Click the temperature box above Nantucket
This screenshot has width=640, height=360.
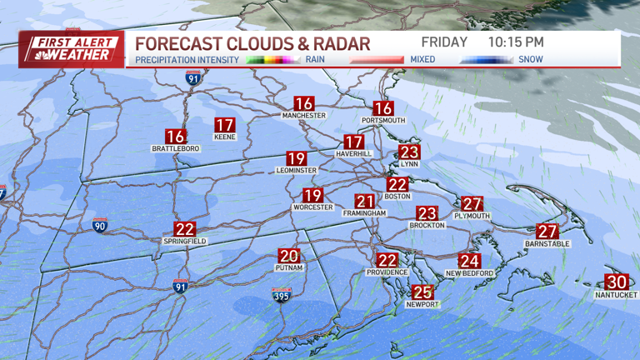point(617,282)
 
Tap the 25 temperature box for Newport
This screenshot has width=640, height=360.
point(422,292)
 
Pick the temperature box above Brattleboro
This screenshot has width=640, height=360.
point(175,137)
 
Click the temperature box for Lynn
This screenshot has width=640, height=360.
point(409,152)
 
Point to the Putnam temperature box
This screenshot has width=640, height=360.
point(288,257)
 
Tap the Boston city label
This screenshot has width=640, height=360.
point(397,197)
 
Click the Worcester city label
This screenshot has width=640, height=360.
point(312,207)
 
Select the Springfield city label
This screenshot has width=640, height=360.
point(184,241)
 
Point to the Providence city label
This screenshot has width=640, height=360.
point(387,272)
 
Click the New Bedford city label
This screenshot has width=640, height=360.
point(470,273)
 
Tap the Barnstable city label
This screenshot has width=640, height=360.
point(547,243)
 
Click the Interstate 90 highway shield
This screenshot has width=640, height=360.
point(99,225)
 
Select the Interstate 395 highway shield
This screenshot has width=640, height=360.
point(281,295)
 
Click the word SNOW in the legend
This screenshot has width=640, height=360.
point(531,59)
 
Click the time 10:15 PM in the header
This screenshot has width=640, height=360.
point(516,42)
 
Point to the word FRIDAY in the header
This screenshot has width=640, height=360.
point(444,42)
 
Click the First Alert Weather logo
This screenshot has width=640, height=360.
point(71,49)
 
